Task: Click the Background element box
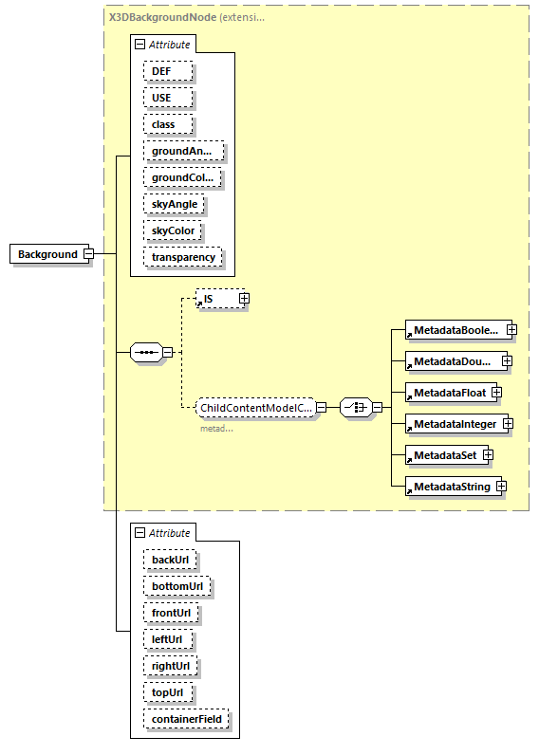pos(47,254)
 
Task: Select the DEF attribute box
pos(168,71)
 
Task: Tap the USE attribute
pos(168,98)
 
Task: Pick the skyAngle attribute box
pos(175,204)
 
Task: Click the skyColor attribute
pos(175,230)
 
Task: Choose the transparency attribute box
pos(183,257)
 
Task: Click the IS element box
pos(216,299)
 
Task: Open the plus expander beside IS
pos(244,299)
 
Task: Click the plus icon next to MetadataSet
pos(488,455)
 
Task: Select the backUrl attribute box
pos(170,560)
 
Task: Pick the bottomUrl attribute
pos(177,586)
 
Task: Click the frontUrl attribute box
pos(171,613)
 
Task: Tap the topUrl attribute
pos(168,692)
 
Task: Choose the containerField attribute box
pos(185,719)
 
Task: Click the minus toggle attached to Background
pos(88,254)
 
